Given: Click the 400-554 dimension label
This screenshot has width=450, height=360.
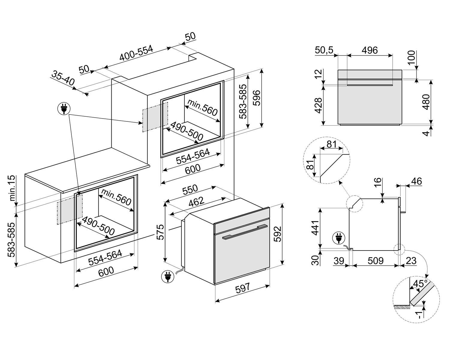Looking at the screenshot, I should tap(136, 53).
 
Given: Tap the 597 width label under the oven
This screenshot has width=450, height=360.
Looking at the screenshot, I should tap(242, 288).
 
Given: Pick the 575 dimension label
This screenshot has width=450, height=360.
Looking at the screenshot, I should tap(160, 231).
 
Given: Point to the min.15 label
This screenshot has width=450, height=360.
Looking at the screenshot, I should tap(12, 188).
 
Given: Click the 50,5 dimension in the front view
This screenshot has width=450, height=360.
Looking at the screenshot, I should tap(324, 50).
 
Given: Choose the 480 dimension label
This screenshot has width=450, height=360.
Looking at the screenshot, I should tap(426, 102).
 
